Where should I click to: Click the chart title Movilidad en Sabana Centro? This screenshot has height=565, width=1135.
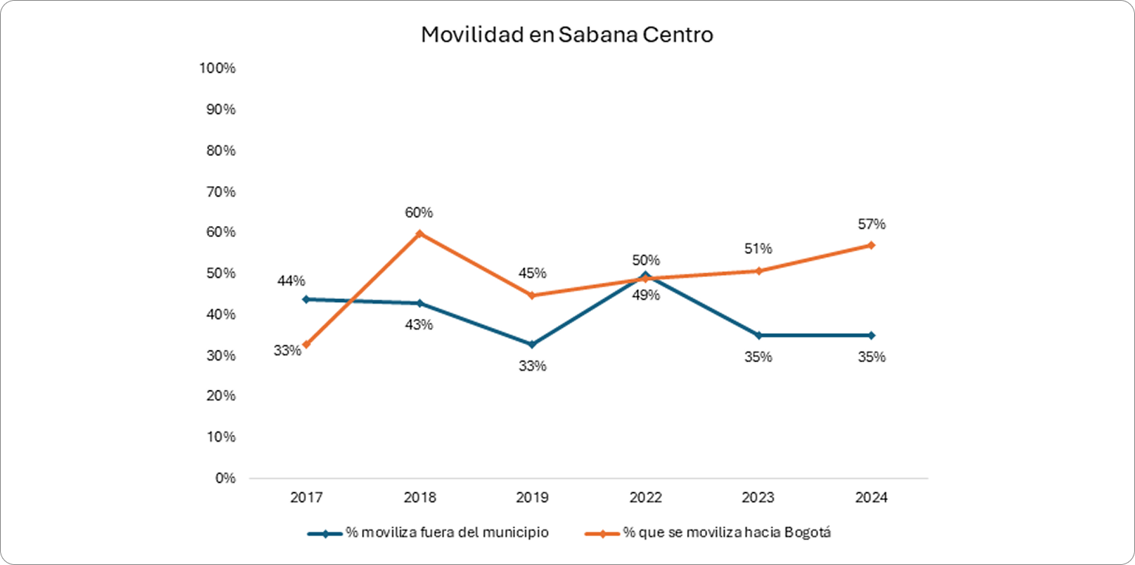click(567, 35)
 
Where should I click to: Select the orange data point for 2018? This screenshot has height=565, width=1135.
click(419, 233)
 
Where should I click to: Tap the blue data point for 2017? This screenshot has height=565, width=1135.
click(305, 299)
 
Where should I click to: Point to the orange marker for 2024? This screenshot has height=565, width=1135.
click(872, 245)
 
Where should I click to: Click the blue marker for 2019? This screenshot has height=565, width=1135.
click(532, 344)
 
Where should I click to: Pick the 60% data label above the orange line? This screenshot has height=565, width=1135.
click(419, 213)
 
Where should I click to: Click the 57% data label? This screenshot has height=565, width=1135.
click(871, 224)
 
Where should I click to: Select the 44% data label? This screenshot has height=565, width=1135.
click(291, 281)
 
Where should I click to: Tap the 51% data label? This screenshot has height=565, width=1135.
click(758, 249)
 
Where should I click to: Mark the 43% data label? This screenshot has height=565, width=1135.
click(419, 324)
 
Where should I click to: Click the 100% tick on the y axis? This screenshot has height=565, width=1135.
click(217, 69)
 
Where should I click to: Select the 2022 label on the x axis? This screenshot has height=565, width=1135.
click(645, 498)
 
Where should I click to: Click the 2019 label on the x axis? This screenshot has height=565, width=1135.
click(532, 498)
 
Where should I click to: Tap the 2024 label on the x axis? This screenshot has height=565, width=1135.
click(872, 498)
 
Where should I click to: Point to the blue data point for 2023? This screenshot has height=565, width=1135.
click(758, 335)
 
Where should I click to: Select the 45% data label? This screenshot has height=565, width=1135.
click(532, 273)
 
